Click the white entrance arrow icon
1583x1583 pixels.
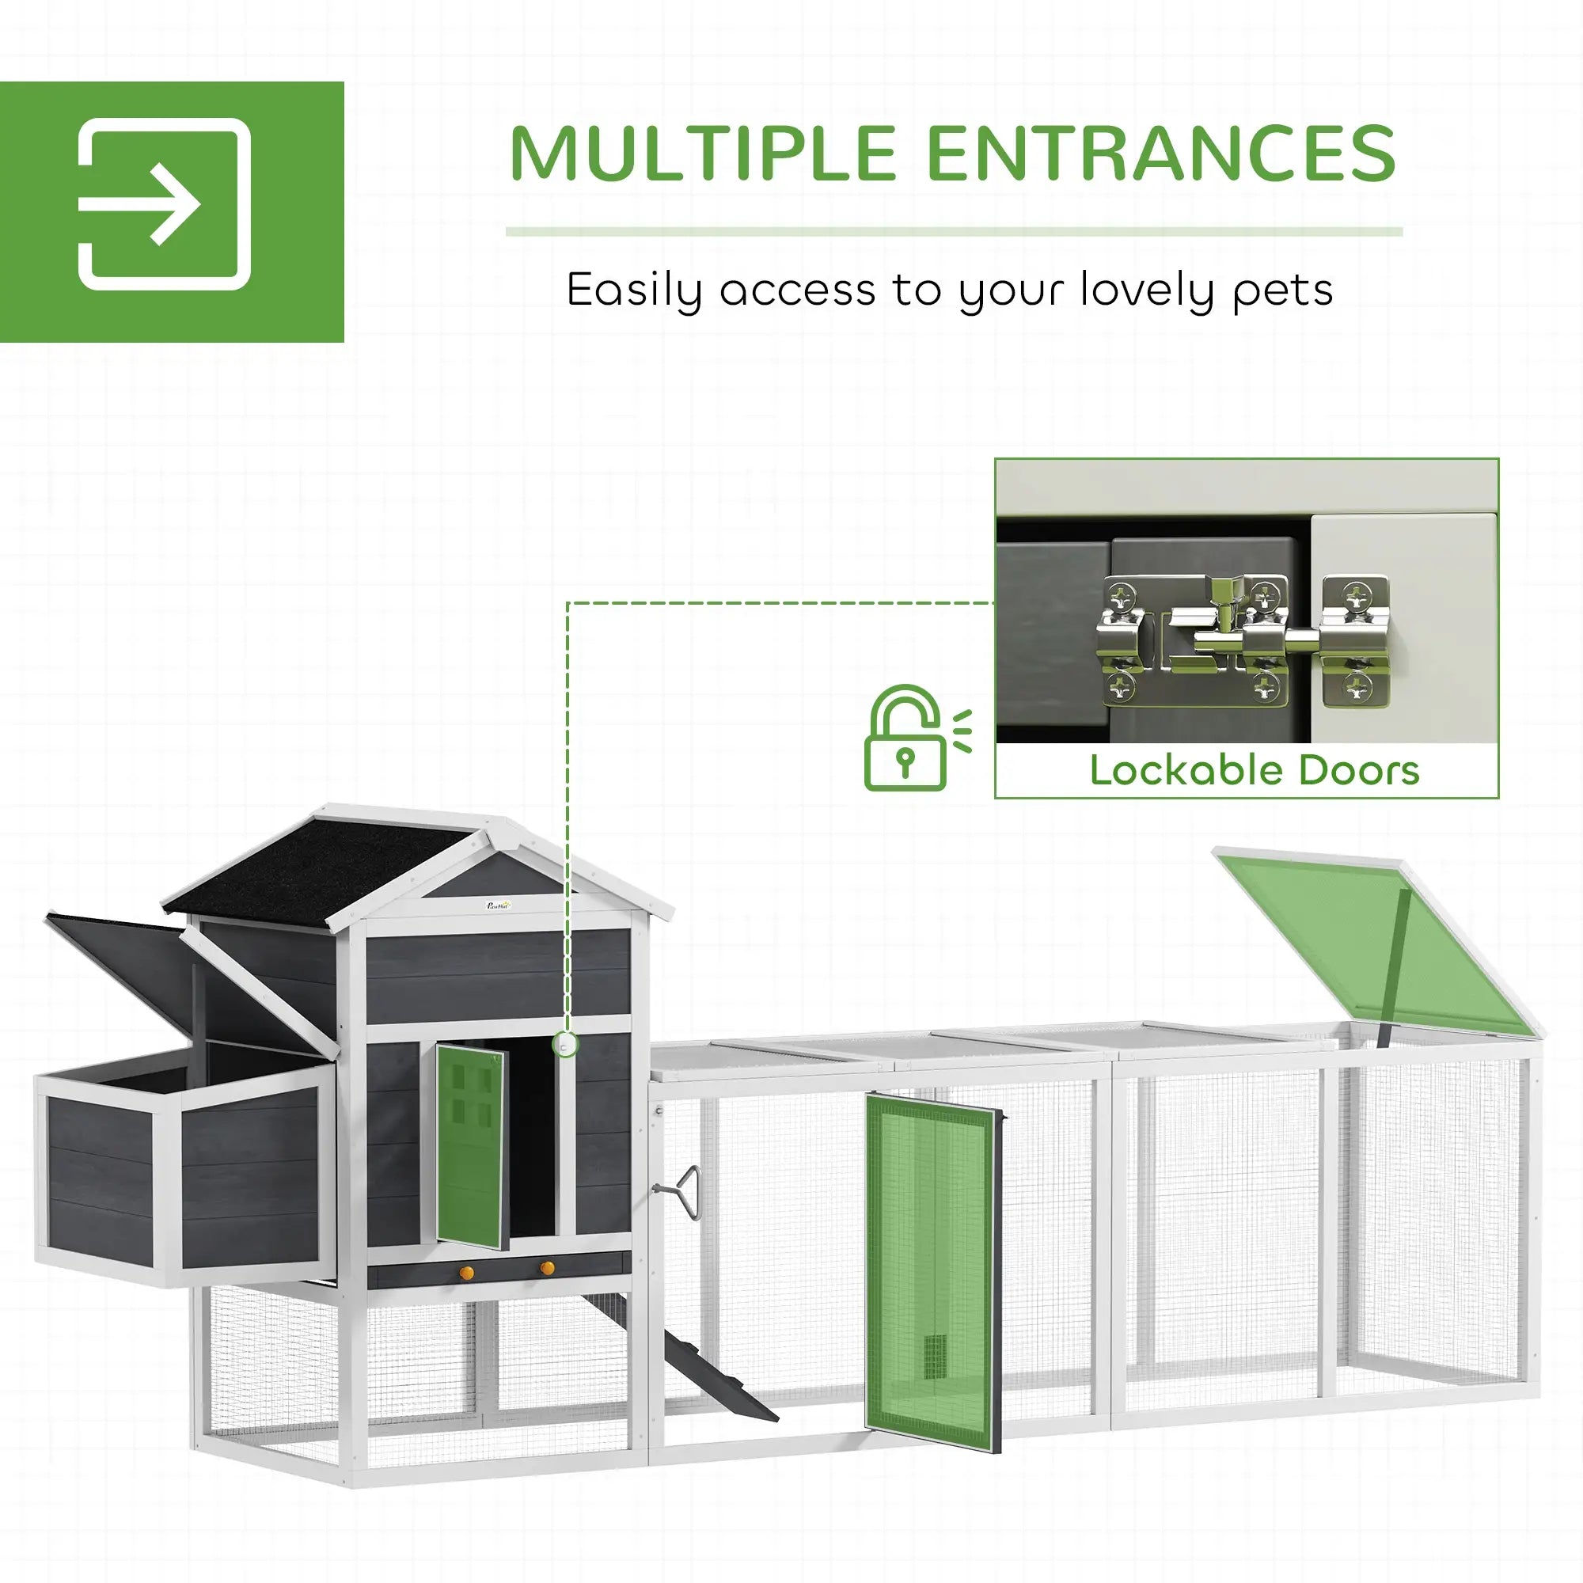(x=164, y=204)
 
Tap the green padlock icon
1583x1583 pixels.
(x=906, y=739)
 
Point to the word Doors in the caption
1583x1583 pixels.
(x=1358, y=771)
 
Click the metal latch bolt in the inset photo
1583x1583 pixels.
(x=1245, y=639)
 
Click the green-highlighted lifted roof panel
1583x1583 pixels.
(x=1376, y=942)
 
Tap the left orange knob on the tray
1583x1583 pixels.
(x=466, y=1273)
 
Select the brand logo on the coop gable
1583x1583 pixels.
(x=498, y=905)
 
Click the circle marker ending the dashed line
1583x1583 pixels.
(x=565, y=1045)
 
